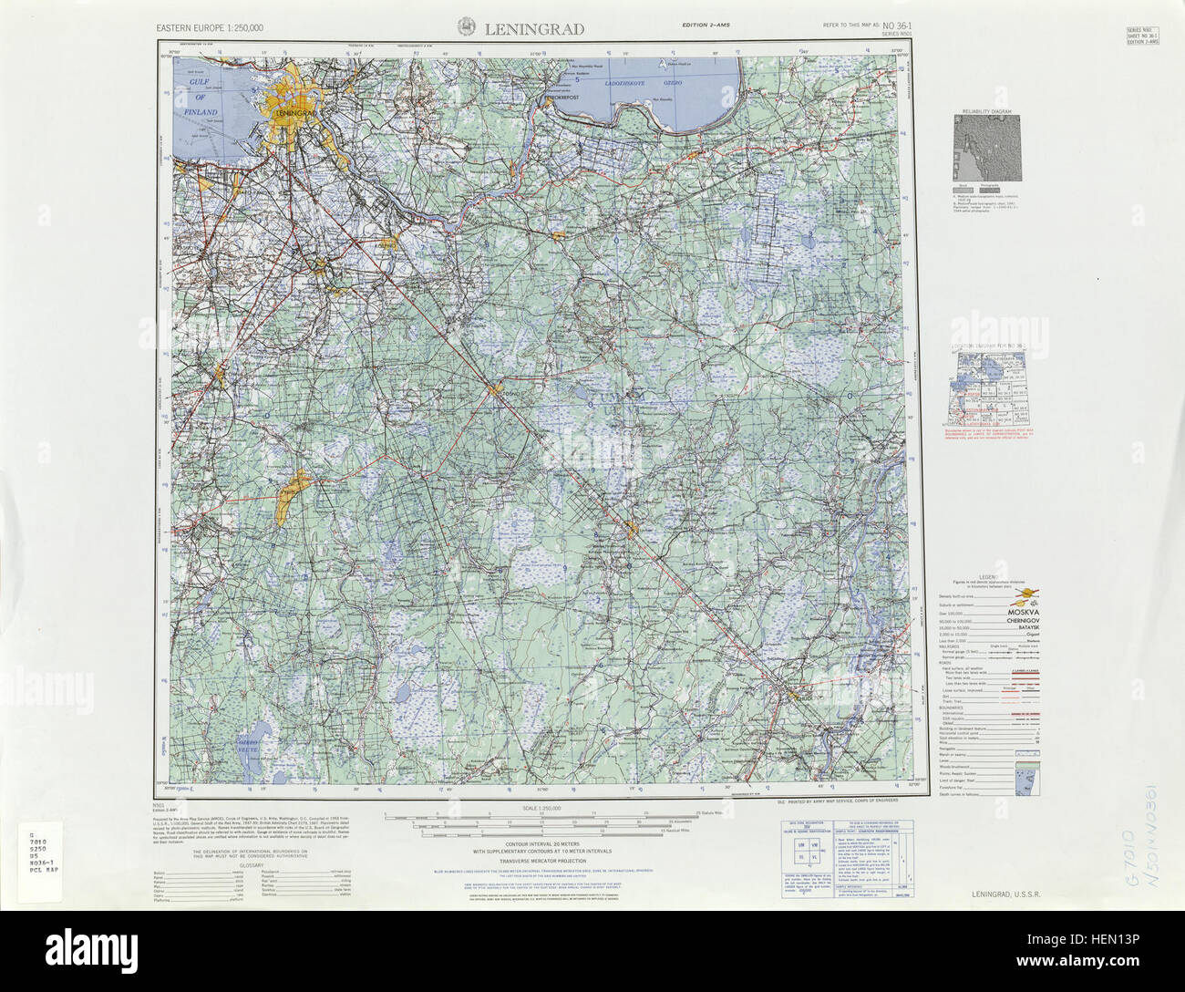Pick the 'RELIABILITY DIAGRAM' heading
(987, 111)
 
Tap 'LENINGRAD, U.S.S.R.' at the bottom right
(1005, 894)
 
